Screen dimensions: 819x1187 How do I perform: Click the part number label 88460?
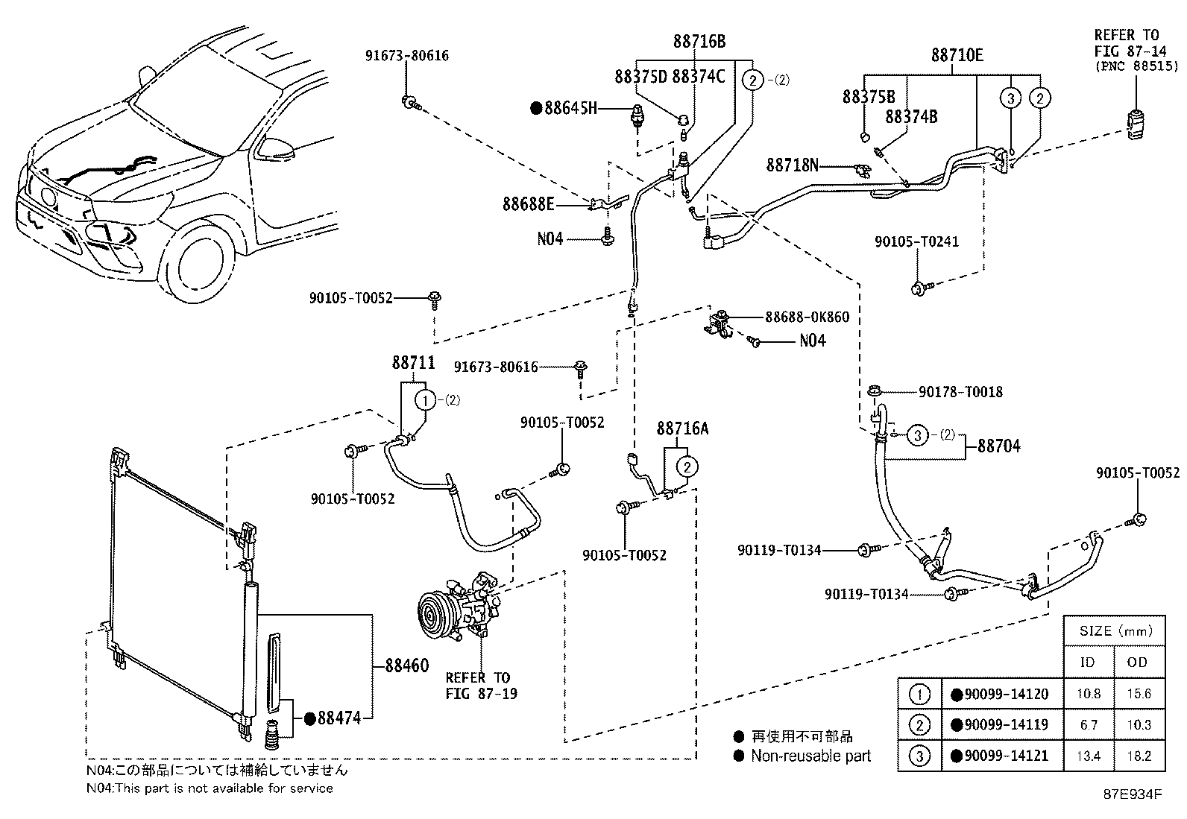point(407,665)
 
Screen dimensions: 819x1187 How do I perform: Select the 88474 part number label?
point(339,718)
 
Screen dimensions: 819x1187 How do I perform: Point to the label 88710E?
point(957,55)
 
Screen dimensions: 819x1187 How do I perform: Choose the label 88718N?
point(792,165)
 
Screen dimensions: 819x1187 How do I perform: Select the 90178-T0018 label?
point(960,391)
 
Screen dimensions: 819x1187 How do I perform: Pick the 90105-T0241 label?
point(916,241)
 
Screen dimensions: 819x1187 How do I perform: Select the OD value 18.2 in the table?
point(1139,756)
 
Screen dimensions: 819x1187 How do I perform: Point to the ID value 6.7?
point(1089,724)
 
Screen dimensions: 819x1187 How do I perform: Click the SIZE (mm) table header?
point(1114,631)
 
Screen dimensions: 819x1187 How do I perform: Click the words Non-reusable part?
point(810,756)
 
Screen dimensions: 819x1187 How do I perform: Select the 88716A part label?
point(682,429)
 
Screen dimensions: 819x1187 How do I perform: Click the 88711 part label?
point(413,363)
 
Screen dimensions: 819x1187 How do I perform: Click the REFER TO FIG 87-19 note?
point(481,686)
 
